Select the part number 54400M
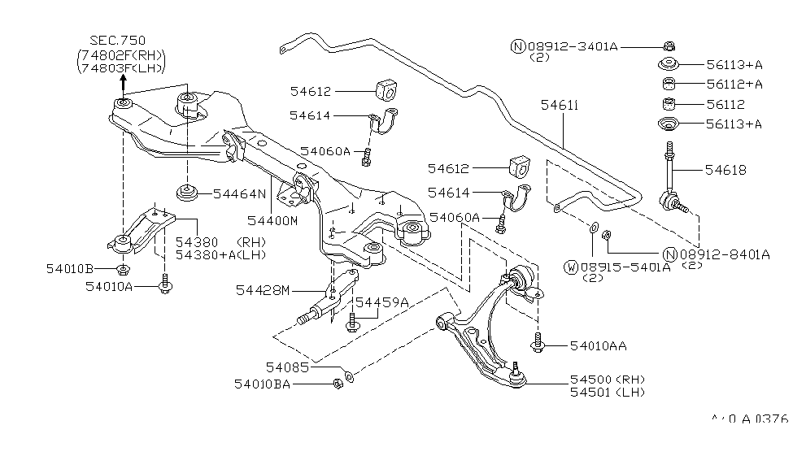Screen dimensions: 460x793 (272, 221)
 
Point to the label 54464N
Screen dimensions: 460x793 (240, 195)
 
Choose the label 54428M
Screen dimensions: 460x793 (263, 289)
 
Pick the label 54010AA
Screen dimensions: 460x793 (598, 346)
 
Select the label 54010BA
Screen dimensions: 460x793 (262, 384)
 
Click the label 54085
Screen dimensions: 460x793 (287, 367)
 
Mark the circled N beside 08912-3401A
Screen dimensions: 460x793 (517, 47)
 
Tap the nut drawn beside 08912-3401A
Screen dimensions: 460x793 (668, 46)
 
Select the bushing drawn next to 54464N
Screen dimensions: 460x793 (187, 195)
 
